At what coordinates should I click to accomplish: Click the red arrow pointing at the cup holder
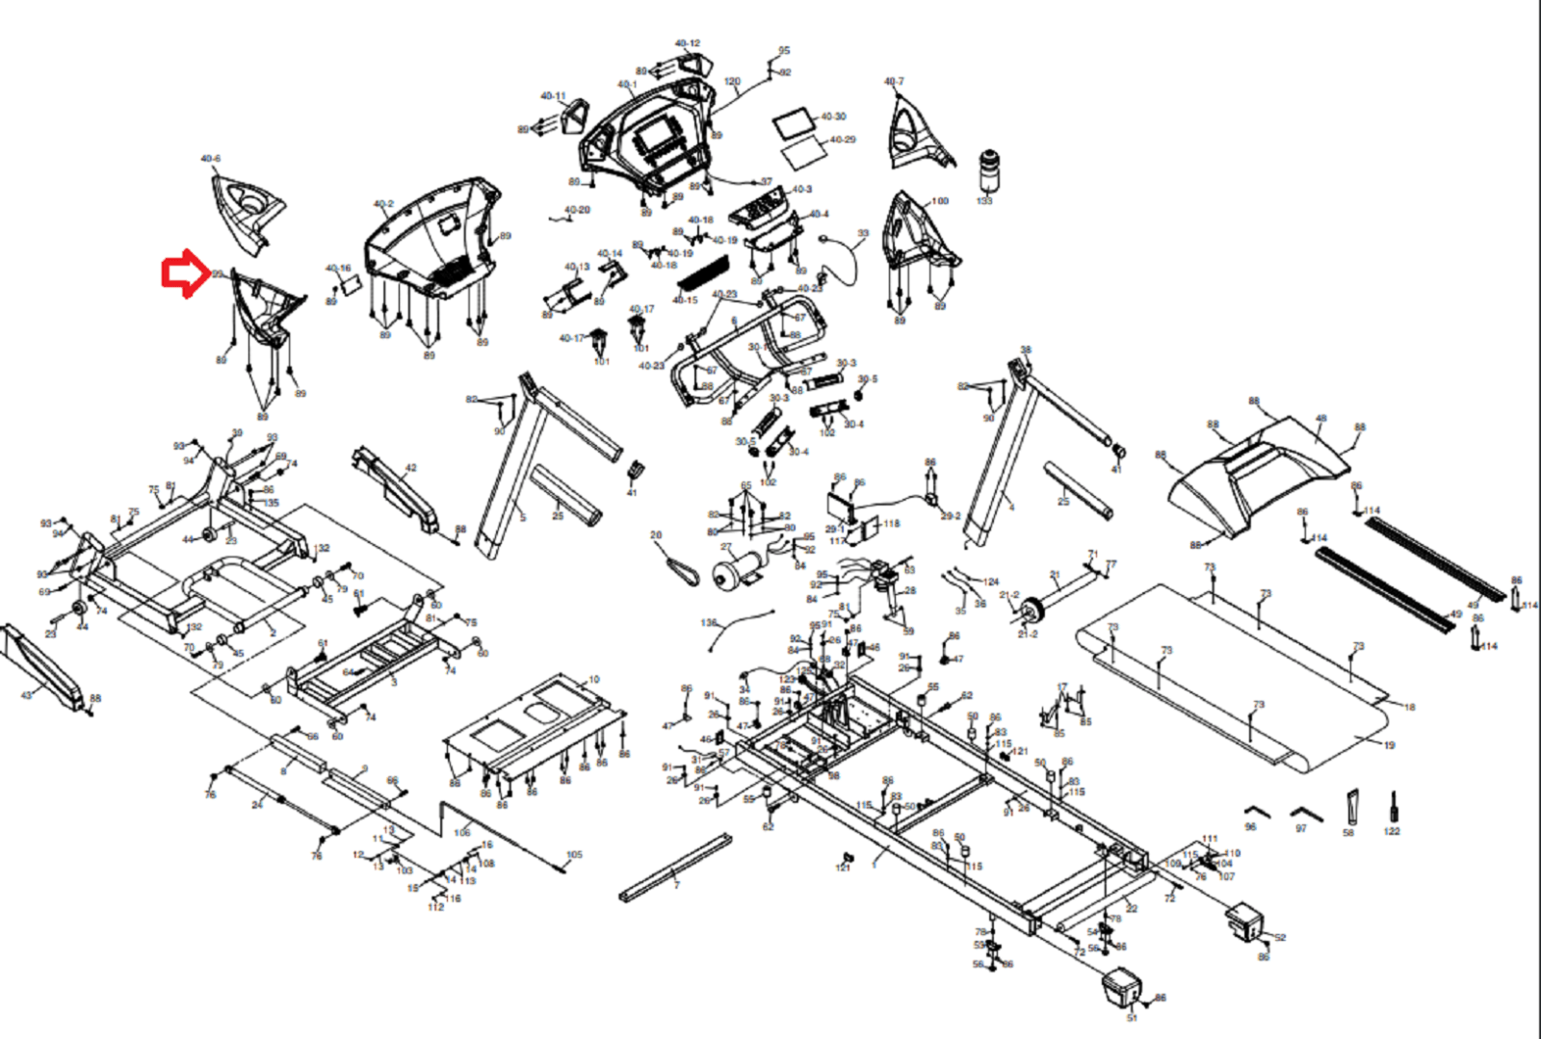(x=184, y=274)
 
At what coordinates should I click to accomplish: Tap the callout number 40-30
(x=833, y=117)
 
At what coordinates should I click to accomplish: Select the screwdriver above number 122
(x=1392, y=807)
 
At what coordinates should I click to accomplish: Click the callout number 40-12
(x=687, y=43)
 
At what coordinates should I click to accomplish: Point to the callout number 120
(x=732, y=82)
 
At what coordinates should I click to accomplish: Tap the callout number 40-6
(x=210, y=159)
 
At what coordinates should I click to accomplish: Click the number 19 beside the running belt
(x=1389, y=745)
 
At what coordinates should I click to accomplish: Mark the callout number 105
(x=574, y=854)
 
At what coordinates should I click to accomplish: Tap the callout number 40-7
(x=894, y=82)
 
